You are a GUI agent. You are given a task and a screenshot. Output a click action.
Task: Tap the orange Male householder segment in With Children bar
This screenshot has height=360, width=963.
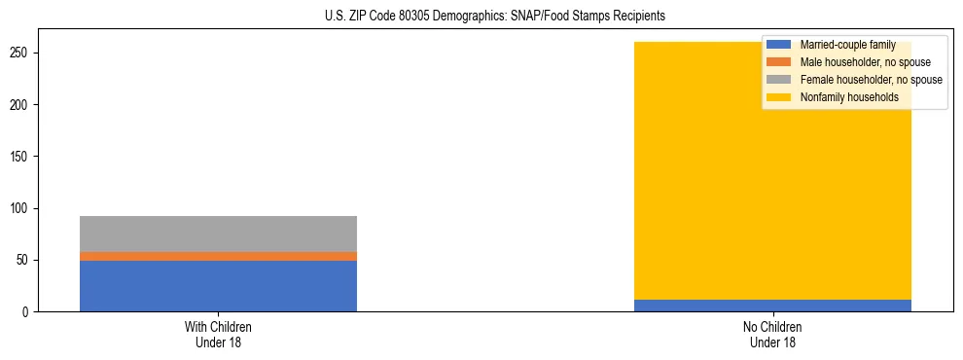218,256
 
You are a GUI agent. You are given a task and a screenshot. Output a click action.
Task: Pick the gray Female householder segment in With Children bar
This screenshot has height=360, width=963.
218,234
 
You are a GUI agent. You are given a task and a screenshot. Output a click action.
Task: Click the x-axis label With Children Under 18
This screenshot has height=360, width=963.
218,334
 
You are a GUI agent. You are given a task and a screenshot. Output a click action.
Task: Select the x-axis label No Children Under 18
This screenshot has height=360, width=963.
772,334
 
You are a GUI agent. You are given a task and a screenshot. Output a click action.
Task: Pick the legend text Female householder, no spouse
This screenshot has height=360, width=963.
871,80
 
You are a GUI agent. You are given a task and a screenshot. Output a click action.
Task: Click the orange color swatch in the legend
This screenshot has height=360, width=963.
779,62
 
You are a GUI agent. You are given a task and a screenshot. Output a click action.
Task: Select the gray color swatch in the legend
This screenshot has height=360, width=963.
779,80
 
